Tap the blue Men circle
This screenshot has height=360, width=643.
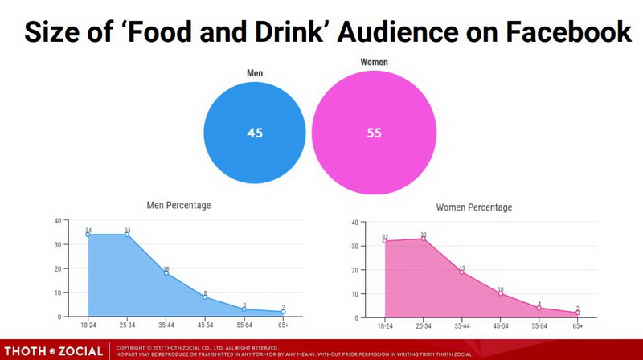pos(255,133)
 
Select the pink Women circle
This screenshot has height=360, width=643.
pos(374,133)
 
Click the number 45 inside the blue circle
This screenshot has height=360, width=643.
pos(255,133)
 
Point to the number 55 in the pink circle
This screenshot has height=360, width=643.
pos(374,133)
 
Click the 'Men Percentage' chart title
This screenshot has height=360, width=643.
pos(178,205)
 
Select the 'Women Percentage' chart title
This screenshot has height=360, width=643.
pos(473,207)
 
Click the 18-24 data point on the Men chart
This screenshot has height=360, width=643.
pos(88,235)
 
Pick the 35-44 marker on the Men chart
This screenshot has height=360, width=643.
pos(166,273)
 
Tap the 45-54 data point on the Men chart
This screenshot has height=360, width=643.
pos(205,297)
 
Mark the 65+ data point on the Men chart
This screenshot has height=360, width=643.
pos(283,312)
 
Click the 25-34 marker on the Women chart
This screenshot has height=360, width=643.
pos(424,239)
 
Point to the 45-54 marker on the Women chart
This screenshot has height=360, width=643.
pos(501,294)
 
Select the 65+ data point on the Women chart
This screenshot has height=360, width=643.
pos(578,313)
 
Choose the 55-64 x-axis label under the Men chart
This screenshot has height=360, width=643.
pos(244,326)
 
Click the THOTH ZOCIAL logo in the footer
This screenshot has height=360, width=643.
pos(52,351)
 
